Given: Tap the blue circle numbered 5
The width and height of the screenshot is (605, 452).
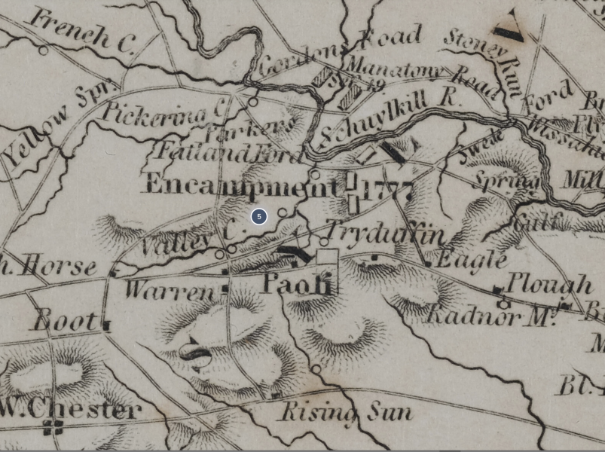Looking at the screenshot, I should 258,217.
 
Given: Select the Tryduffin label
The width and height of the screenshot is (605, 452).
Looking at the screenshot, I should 384,234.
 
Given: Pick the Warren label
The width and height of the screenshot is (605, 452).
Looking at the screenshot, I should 170,290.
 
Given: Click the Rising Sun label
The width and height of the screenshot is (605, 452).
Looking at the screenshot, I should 347,412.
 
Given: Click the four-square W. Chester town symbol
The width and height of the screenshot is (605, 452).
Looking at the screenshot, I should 53,428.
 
